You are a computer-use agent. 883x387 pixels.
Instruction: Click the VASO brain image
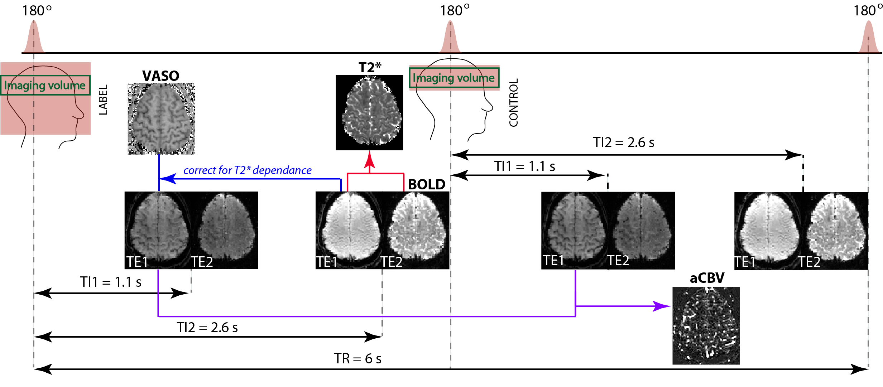pyautogui.click(x=161, y=118)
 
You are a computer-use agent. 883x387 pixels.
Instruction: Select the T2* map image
pyautogui.click(x=369, y=112)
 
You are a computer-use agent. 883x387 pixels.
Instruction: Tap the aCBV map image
pyautogui.click(x=706, y=326)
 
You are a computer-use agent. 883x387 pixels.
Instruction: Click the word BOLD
pyautogui.click(x=427, y=184)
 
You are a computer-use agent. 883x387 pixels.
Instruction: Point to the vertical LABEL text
pyautogui.click(x=103, y=100)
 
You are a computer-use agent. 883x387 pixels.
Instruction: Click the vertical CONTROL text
pyautogui.click(x=514, y=103)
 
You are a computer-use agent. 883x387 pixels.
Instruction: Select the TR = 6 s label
pyautogui.click(x=357, y=358)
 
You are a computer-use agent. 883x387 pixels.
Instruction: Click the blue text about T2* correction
pyautogui.click(x=247, y=170)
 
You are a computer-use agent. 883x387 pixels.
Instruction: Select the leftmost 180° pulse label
pyautogui.click(x=37, y=11)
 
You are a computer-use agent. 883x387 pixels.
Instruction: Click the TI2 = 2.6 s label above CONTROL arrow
pyautogui.click(x=623, y=142)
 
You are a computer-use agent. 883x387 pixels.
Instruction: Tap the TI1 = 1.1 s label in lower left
pyautogui.click(x=111, y=282)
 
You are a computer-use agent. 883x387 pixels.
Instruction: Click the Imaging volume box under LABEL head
pyautogui.click(x=45, y=85)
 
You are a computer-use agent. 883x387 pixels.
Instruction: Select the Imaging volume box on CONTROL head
pyautogui.click(x=454, y=78)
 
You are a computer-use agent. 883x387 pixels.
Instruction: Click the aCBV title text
pyautogui.click(x=707, y=278)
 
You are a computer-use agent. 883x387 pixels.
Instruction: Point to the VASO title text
pyautogui.click(x=160, y=76)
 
